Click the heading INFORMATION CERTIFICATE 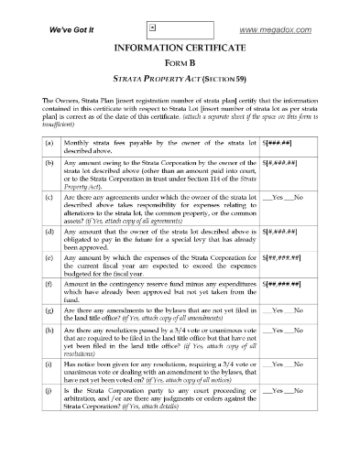[x=180, y=48]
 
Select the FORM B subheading [x=180, y=63]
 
